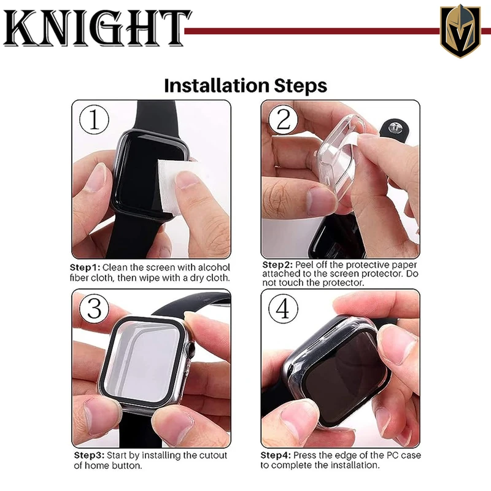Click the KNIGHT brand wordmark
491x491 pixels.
pos(96,28)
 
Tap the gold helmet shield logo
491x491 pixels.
pos(460,31)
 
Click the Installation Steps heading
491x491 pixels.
pos(245,86)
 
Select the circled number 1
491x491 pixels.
pos(94,120)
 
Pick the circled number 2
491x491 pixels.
pos(284,120)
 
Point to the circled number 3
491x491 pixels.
pos(94,309)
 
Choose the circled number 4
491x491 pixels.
pos(284,309)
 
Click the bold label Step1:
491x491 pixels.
pos(85,268)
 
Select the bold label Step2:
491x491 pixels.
pos(277,265)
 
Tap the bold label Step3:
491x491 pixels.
pos(89,455)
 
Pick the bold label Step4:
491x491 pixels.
pos(276,455)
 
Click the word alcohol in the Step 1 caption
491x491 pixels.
pos(214,268)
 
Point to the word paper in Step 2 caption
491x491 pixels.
pos(406,266)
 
